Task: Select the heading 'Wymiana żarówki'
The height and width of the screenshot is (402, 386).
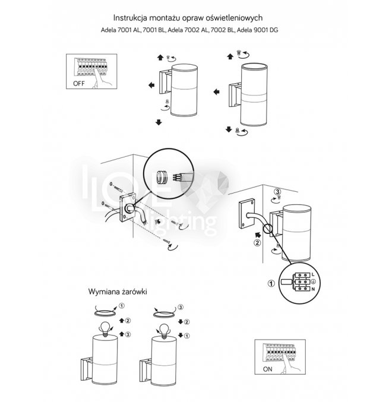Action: (118, 293)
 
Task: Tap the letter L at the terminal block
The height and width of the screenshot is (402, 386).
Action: (313, 275)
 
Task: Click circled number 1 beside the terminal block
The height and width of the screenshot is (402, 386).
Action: (271, 284)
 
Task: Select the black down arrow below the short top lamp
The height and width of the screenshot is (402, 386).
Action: (159, 122)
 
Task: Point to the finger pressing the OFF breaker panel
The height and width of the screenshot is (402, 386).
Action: (105, 76)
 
